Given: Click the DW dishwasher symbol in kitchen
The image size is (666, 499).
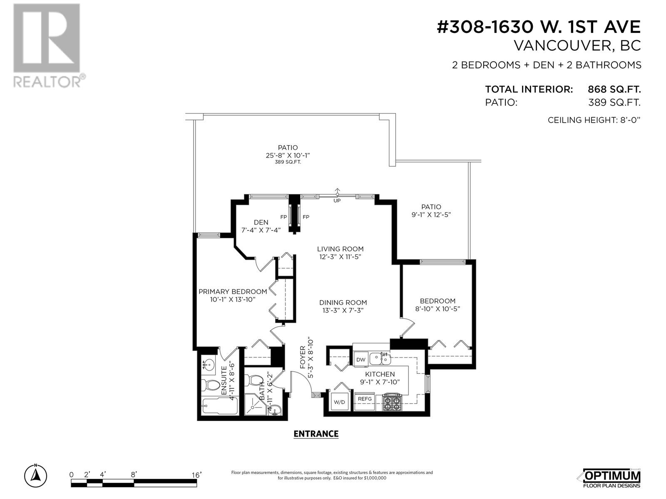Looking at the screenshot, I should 360,360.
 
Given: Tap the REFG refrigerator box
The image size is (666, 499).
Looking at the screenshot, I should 365,399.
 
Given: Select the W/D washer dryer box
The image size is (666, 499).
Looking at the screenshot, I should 340,402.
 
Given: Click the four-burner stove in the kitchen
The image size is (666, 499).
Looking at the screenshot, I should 392,402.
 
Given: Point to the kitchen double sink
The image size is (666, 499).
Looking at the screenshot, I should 380,358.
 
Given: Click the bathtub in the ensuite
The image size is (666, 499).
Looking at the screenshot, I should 219,406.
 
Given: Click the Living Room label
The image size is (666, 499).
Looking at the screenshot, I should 340,249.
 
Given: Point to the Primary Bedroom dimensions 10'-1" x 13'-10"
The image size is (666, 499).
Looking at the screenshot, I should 232,299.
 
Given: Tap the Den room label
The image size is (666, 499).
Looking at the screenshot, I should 261,222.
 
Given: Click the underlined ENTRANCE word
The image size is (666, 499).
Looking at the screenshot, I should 316,434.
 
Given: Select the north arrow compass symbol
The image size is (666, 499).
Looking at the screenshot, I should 35,475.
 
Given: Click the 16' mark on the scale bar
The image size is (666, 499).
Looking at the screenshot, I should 196,474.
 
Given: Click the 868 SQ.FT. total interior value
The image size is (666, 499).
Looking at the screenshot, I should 614,89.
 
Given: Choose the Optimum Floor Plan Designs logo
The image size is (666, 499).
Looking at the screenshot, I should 611,478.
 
